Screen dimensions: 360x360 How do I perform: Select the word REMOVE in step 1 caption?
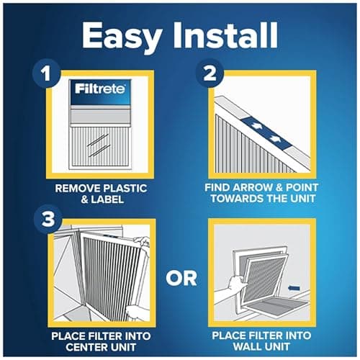pyautogui.click(x=77, y=188)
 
